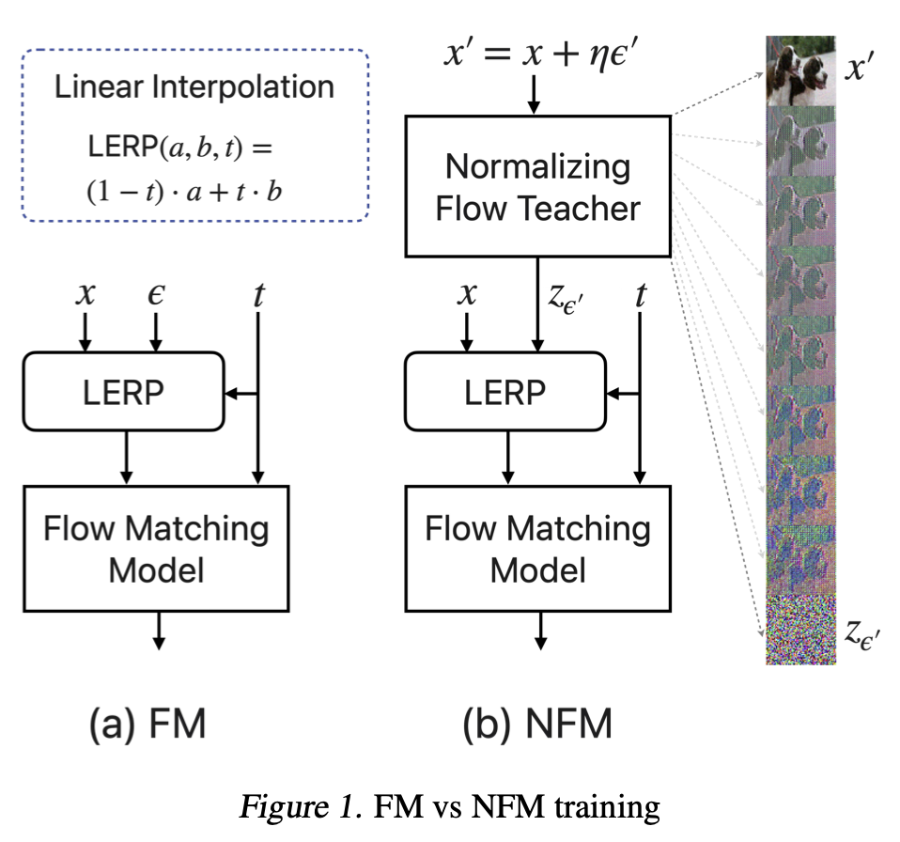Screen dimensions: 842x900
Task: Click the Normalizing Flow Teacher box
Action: pos(537,186)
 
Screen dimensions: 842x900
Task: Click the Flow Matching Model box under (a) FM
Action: pos(156,549)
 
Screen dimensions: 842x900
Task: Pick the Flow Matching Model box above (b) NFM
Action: pos(537,549)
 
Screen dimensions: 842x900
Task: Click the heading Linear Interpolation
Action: pos(194,87)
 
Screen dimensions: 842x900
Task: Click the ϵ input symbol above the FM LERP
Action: pos(156,294)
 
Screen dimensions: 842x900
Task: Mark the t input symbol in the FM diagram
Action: pos(258,294)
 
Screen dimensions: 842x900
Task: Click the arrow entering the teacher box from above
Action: pos(534,94)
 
